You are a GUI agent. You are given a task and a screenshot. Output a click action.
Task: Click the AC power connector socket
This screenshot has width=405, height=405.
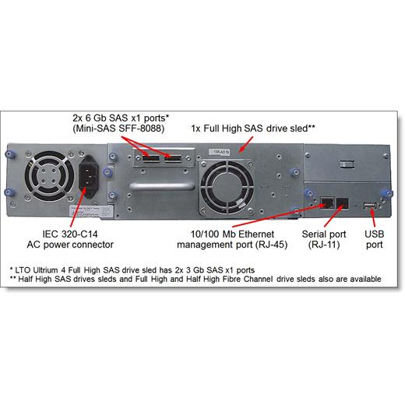[88, 176]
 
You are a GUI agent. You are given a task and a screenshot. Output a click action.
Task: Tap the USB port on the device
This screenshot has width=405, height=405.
[369, 206]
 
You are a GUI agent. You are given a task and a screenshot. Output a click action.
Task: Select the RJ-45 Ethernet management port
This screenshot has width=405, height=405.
[327, 202]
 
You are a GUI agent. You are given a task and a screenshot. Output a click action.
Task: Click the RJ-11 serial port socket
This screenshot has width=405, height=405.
[343, 203]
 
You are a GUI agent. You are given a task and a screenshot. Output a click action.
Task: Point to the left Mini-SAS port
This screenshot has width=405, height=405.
[151, 158]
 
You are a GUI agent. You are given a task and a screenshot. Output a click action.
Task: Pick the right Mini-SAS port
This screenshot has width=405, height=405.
[173, 158]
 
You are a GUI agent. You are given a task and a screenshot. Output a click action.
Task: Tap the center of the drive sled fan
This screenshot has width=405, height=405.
[227, 187]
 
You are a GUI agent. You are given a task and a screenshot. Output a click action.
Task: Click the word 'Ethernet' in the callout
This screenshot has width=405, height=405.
[256, 234]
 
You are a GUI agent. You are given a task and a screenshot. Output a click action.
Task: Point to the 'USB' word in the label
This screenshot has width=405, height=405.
[374, 234]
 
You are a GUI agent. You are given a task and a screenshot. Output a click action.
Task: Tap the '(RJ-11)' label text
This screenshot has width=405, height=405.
[324, 245]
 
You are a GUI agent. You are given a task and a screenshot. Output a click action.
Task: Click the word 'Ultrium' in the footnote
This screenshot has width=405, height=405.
[45, 270]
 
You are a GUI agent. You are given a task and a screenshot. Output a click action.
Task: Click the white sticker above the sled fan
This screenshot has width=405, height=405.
[220, 152]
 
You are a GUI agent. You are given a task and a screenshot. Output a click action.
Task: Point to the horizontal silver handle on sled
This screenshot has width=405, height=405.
[162, 186]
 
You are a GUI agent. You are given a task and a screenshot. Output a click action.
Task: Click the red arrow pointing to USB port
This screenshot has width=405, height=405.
[373, 217]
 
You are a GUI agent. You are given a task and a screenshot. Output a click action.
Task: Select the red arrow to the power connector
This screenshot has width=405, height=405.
[78, 209]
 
